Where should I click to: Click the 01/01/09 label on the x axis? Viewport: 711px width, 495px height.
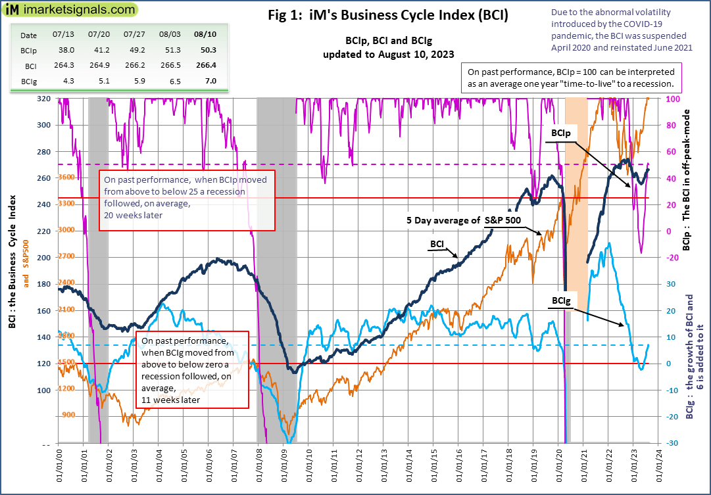coord(283,469)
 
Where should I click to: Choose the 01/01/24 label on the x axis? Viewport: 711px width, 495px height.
coord(660,469)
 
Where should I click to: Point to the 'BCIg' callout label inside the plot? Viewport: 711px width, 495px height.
coord(562,300)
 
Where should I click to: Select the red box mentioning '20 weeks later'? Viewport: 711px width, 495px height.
coord(187,200)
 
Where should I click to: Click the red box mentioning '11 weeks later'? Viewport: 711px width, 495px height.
coord(191,369)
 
